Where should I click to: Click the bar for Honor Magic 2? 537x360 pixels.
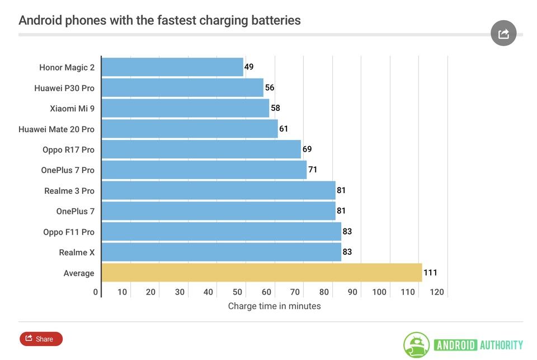click(x=172, y=67)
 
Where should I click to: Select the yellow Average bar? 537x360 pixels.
click(x=261, y=273)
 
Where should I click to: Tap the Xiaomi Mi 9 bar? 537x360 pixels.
click(x=185, y=108)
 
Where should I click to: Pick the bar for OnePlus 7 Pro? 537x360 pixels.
click(x=204, y=170)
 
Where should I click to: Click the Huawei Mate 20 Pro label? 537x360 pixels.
click(x=56, y=129)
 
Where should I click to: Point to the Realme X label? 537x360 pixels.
click(x=77, y=253)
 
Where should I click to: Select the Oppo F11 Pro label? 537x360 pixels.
click(x=69, y=232)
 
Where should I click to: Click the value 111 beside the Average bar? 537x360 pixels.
click(x=430, y=273)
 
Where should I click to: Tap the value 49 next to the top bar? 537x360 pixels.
click(x=249, y=67)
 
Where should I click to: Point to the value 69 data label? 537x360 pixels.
click(x=307, y=149)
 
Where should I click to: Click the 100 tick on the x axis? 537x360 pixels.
click(x=379, y=292)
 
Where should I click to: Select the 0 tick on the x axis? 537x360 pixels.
click(x=96, y=292)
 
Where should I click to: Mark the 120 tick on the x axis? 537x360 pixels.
click(x=437, y=292)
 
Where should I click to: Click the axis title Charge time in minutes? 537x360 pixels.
click(x=274, y=306)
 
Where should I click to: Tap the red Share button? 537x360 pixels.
click(x=41, y=339)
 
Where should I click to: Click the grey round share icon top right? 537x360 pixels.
click(x=503, y=34)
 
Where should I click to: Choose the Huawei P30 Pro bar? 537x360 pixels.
click(x=182, y=88)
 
